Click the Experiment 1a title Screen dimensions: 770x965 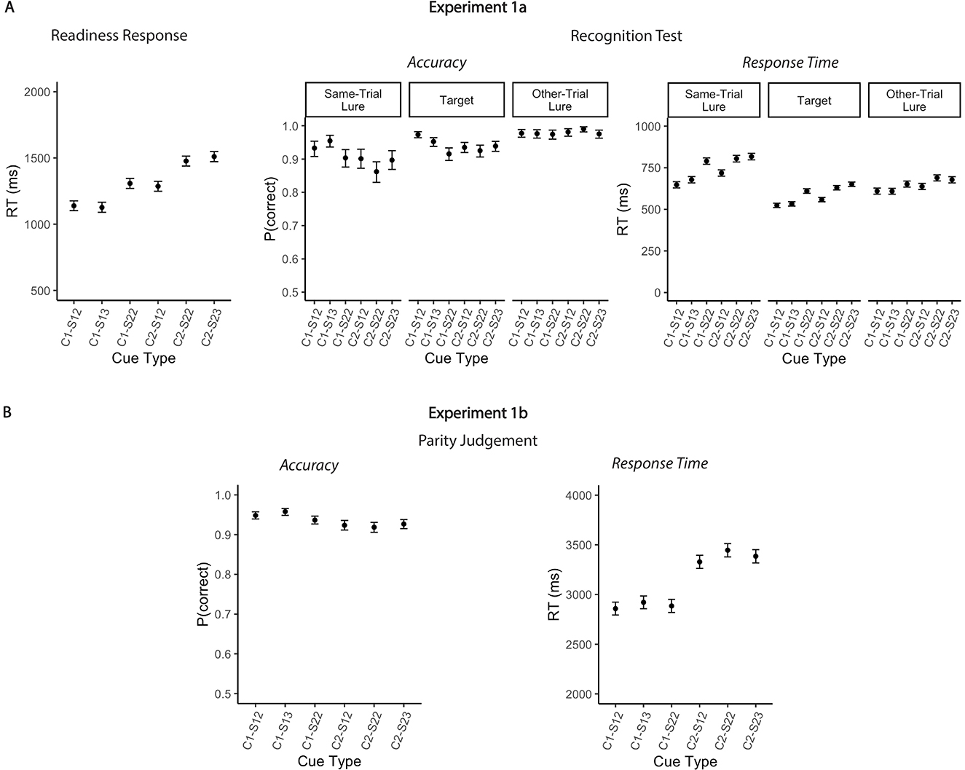[477, 9]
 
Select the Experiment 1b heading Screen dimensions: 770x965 [477, 413]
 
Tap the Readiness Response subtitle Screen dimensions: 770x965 [119, 35]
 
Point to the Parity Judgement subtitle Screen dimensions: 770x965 [477, 441]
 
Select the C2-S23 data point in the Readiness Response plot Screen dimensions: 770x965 [214, 157]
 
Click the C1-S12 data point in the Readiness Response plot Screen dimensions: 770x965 [74, 206]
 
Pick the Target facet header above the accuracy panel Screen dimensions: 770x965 [457, 101]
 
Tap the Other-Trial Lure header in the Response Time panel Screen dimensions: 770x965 [914, 101]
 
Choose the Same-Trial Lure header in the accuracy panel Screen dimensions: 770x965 [353, 101]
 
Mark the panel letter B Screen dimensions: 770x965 [7, 412]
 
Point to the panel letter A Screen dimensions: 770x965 [7, 8]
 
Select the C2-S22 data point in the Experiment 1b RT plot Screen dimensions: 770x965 [727, 551]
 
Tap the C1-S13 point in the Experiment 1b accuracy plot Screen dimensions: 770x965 [285, 511]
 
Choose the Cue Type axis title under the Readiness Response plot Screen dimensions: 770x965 [143, 358]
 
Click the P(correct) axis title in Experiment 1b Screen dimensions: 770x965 [204, 594]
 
